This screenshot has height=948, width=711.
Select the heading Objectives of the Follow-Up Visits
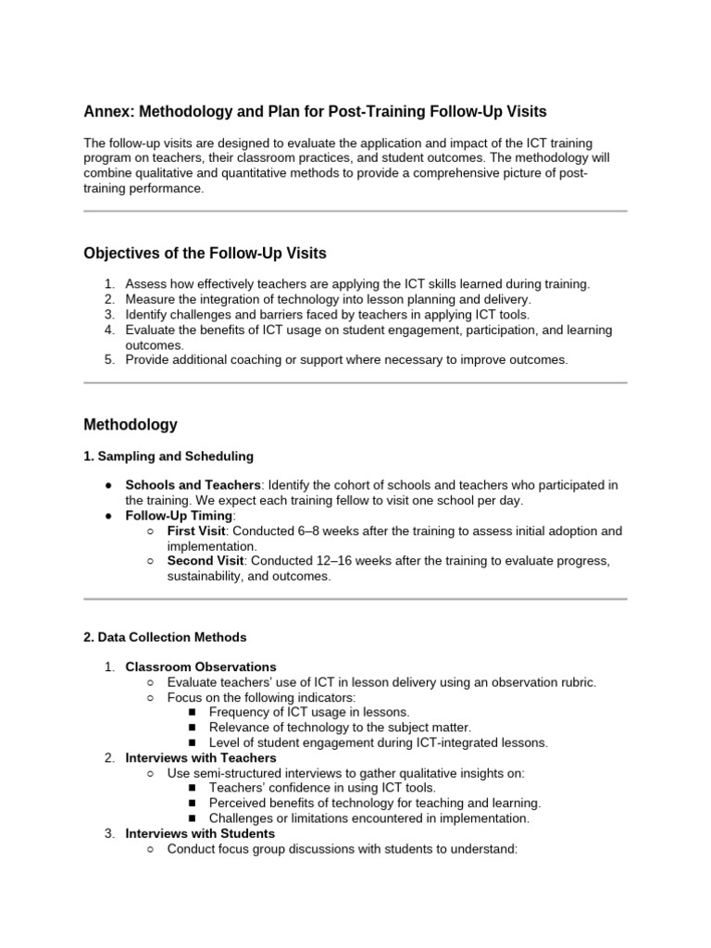point(205,254)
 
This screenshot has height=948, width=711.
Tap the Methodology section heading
point(130,425)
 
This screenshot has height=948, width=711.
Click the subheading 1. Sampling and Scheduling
point(168,456)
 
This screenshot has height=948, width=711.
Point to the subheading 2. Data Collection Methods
point(165,637)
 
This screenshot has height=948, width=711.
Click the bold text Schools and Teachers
point(194,485)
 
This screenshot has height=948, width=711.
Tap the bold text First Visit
point(196,530)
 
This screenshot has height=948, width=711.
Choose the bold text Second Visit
point(206,561)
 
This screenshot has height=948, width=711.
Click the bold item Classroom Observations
point(201,667)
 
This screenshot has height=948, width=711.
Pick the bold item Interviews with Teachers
point(201,757)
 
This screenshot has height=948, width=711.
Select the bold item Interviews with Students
point(200,833)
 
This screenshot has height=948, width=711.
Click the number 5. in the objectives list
point(108,359)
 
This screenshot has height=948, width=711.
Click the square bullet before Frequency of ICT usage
point(193,712)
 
